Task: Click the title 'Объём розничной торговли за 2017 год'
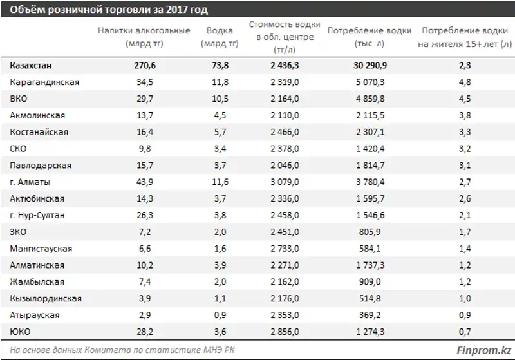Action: click(x=109, y=10)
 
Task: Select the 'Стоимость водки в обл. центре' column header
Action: click(x=285, y=37)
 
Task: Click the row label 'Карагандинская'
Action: click(x=44, y=82)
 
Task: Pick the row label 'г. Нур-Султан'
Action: click(x=37, y=216)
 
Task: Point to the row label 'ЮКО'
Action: click(x=20, y=332)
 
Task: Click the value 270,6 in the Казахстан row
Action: click(x=145, y=65)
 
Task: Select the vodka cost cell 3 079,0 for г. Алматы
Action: click(x=285, y=182)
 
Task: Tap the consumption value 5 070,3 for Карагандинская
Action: click(x=370, y=82)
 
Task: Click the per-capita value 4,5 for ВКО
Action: click(x=465, y=99)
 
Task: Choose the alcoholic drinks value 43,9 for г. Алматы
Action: click(x=145, y=182)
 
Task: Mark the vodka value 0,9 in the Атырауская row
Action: click(x=220, y=316)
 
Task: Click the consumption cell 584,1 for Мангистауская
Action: click(x=370, y=249)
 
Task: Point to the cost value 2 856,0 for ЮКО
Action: click(x=285, y=332)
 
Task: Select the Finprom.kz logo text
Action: click(x=484, y=350)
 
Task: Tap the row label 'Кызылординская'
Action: click(x=46, y=299)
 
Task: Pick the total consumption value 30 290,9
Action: click(x=370, y=65)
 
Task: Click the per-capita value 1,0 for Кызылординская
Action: click(x=465, y=299)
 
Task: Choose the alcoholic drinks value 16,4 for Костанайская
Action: click(x=145, y=132)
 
